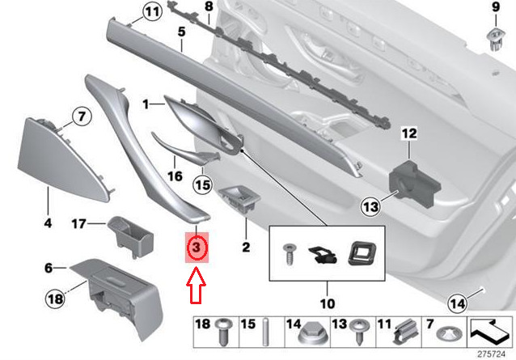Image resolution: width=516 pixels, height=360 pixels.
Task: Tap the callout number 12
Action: coord(408,133)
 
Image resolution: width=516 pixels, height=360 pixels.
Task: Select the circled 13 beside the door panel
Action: coord(370,208)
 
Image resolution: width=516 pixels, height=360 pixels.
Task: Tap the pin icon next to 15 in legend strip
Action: coord(264,332)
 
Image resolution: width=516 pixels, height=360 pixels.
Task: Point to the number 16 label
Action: coord(175,175)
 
